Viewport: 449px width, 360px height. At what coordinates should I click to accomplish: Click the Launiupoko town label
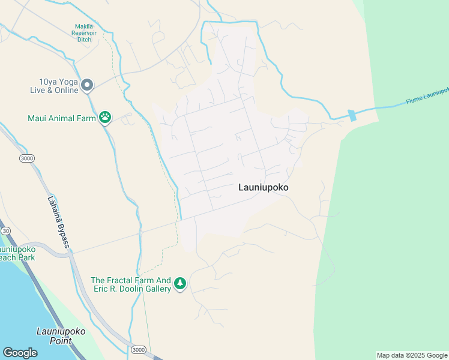(x=263, y=187)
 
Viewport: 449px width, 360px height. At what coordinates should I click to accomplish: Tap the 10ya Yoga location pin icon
(x=87, y=86)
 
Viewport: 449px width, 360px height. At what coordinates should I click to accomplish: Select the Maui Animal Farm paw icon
(x=105, y=118)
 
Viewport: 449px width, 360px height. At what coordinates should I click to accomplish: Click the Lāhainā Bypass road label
(x=59, y=223)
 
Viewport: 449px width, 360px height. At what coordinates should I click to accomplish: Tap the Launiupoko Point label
(x=61, y=336)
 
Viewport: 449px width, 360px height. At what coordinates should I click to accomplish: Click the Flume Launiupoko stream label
(x=427, y=96)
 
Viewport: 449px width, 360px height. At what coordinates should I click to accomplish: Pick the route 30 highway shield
(x=5, y=230)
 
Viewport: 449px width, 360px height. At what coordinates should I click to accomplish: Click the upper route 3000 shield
(x=26, y=158)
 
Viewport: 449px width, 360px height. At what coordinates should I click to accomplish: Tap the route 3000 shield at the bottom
(x=139, y=350)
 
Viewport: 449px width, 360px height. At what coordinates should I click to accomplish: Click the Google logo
(x=20, y=353)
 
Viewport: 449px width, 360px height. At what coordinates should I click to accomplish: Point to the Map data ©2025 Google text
(x=412, y=355)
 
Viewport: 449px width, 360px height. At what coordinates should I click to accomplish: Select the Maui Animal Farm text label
(x=62, y=118)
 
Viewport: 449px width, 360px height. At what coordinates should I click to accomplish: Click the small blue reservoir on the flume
(x=352, y=115)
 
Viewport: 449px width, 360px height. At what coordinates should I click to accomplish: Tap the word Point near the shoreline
(x=61, y=341)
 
